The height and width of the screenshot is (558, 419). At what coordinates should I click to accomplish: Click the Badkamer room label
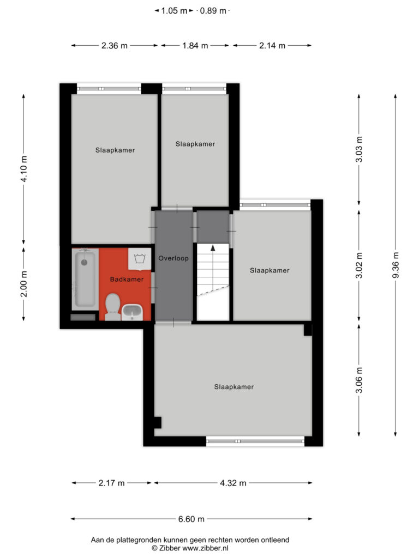coord(127,280)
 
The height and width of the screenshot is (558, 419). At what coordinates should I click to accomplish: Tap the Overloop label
coord(173,258)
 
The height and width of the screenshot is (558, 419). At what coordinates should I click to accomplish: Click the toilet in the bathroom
coord(113,307)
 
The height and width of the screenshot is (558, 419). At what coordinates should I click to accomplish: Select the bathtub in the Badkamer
coord(85,279)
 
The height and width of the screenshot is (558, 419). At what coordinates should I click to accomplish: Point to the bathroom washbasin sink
coord(132,312)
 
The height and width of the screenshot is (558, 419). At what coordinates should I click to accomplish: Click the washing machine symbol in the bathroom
coord(139,258)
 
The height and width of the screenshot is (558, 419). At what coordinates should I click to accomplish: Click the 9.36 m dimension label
coord(396,265)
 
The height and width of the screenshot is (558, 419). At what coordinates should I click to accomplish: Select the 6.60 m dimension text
coord(191,519)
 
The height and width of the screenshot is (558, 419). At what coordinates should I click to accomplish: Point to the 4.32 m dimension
coord(233,483)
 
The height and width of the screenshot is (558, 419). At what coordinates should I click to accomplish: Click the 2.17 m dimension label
coord(111,483)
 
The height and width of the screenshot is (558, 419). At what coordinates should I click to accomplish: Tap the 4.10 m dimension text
coord(24,169)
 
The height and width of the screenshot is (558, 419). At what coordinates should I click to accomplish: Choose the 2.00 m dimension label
coord(24,283)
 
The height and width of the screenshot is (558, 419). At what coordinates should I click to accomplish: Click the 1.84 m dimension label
coord(195,46)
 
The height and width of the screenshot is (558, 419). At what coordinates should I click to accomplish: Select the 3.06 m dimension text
coord(359,380)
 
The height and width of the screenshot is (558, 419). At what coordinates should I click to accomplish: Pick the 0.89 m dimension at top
coord(213,11)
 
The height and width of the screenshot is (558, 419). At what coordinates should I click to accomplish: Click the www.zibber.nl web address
coord(205,548)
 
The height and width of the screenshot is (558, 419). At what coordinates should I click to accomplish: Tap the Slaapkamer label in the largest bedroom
coord(234,387)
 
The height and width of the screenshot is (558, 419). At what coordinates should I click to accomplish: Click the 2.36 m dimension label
coord(115,46)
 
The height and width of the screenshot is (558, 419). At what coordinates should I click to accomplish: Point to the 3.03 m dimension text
coord(359,149)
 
